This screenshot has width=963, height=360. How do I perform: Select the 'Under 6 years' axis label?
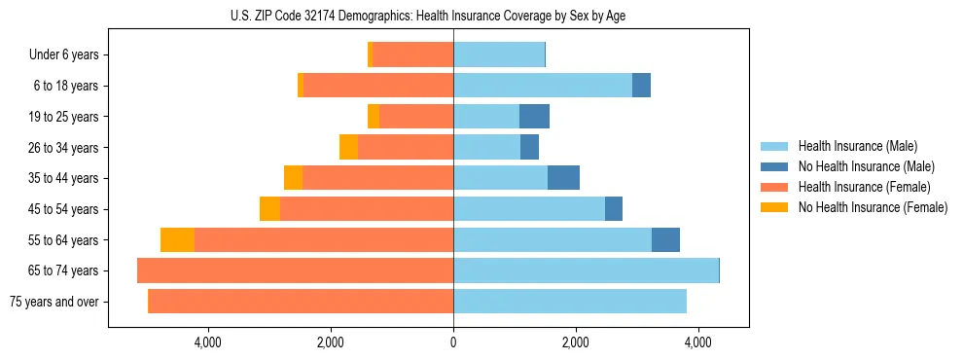click(x=64, y=55)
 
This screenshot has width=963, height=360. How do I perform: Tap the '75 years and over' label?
click(x=54, y=302)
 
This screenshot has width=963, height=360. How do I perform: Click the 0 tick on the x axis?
click(x=453, y=342)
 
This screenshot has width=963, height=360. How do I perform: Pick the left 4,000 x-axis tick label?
click(x=208, y=342)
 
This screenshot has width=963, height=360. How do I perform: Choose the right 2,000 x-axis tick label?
click(x=576, y=342)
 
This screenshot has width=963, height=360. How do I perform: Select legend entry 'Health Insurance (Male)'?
click(x=857, y=146)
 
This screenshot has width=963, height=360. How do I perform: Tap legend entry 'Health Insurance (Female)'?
click(x=864, y=187)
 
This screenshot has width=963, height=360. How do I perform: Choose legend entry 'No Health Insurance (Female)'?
click(x=873, y=207)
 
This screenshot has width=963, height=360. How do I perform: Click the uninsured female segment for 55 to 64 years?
click(x=177, y=240)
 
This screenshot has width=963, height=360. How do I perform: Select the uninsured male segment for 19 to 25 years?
click(x=534, y=117)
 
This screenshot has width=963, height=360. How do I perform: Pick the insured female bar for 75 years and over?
click(x=301, y=302)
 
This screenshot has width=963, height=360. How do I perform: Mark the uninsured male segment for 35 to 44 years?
click(x=563, y=178)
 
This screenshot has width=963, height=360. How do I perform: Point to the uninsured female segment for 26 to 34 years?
click(x=348, y=147)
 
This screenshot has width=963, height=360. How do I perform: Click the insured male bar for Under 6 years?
click(x=499, y=55)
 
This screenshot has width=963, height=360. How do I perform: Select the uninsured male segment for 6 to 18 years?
click(x=641, y=86)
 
